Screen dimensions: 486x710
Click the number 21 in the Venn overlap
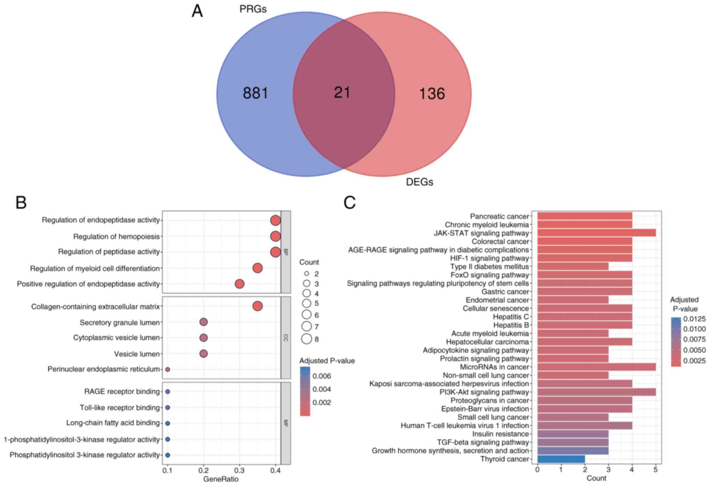(x=342, y=93)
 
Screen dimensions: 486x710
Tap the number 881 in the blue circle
(x=255, y=93)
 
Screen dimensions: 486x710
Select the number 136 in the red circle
(x=432, y=94)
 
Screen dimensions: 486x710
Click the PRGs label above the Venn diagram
(x=253, y=9)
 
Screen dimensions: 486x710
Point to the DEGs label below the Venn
(x=419, y=182)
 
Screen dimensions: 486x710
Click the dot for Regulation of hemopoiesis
(x=275, y=237)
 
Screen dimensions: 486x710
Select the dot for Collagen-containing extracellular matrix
(x=258, y=306)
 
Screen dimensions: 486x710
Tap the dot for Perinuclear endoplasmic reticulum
(x=168, y=369)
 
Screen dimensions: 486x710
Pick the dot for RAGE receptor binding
(x=168, y=392)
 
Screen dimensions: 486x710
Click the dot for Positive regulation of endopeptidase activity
(x=239, y=284)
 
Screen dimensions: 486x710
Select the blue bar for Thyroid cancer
(x=561, y=459)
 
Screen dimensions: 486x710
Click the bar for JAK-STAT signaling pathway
(x=596, y=233)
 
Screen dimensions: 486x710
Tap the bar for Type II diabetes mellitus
(x=573, y=267)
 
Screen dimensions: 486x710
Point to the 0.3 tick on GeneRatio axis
(x=239, y=471)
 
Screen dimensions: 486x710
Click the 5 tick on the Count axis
(x=655, y=470)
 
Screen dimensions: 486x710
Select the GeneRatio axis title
(x=221, y=479)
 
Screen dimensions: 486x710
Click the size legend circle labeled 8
(x=307, y=339)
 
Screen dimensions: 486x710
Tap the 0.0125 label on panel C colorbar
(x=694, y=319)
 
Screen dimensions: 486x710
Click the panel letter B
(x=21, y=203)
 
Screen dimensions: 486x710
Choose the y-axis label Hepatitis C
(x=510, y=317)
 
